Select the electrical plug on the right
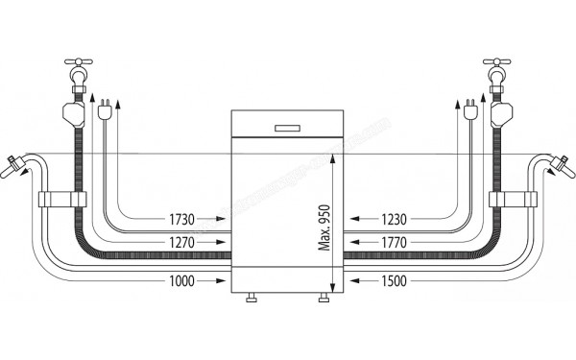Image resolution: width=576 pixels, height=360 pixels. [469, 110]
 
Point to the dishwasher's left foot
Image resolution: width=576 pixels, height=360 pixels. [252, 300]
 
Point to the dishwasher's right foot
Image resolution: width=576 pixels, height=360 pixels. [323, 300]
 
